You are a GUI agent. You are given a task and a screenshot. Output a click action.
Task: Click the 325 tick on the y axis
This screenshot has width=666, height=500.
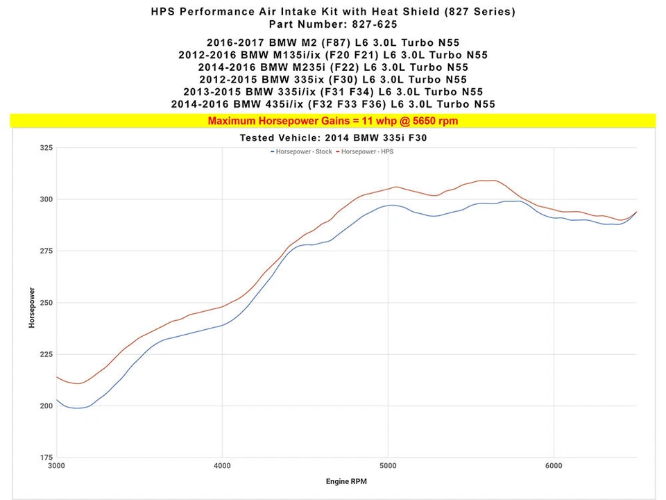[x=46, y=149]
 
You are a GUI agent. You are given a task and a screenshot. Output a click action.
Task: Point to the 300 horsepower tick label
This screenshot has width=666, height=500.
[x=46, y=200]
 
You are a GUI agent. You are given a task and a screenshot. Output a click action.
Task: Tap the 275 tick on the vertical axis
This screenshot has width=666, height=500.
[x=46, y=251]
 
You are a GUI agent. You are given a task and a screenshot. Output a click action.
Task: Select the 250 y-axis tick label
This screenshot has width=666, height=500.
[x=46, y=303]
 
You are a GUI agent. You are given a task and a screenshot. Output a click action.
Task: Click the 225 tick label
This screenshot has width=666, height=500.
[x=46, y=355]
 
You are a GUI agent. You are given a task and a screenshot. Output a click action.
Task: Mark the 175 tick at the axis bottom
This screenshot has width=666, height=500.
[x=46, y=458]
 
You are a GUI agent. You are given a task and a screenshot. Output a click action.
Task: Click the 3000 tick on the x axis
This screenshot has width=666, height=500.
[x=57, y=465]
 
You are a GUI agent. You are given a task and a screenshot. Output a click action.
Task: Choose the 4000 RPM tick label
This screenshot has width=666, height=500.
[x=222, y=465]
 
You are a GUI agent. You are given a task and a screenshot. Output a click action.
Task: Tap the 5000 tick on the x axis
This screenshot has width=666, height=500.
[x=388, y=465]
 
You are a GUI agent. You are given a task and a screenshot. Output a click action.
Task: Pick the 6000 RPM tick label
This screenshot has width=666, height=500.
[x=553, y=465]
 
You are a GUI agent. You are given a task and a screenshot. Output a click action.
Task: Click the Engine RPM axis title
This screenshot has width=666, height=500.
[x=346, y=481]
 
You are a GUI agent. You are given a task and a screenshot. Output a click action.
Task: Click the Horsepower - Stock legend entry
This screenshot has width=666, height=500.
[x=302, y=151]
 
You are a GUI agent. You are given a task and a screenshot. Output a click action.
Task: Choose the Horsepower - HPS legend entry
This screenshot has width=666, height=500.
[x=366, y=151]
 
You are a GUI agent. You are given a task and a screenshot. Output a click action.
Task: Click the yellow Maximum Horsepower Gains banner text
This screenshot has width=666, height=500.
[x=333, y=121]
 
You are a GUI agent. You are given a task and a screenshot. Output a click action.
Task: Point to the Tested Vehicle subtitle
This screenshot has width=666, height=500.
[x=333, y=137]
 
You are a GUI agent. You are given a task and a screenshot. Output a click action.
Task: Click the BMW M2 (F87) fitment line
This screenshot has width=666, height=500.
[x=333, y=43]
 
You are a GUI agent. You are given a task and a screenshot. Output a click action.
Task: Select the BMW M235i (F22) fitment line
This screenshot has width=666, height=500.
[x=333, y=67]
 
